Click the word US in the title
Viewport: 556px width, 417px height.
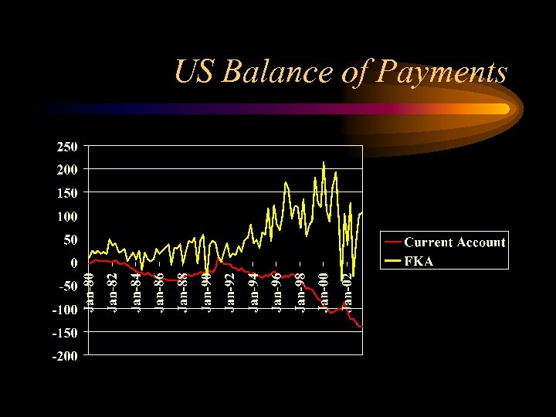tap(194, 72)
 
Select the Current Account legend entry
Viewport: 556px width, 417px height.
tap(454, 242)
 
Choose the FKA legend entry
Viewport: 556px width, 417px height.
tap(419, 261)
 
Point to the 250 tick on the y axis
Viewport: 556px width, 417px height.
tap(66, 146)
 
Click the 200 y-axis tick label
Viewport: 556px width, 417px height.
tap(66, 169)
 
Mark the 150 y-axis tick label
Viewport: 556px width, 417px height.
tap(66, 192)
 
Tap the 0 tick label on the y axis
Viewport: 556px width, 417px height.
tap(74, 263)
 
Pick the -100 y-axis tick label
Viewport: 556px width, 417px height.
tap(63, 310)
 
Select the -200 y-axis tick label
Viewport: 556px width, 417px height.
tap(63, 356)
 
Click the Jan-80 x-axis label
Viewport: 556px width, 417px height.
tap(90, 292)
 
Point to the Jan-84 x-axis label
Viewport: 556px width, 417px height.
tap(137, 292)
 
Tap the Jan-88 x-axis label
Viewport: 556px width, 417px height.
tap(184, 292)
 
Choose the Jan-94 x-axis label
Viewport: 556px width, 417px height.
tap(254, 292)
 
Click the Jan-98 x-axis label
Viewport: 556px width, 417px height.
tap(301, 292)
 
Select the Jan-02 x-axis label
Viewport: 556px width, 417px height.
tap(347, 292)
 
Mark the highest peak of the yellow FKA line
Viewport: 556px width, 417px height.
tap(324, 162)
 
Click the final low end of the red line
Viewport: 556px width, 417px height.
tap(361, 327)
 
